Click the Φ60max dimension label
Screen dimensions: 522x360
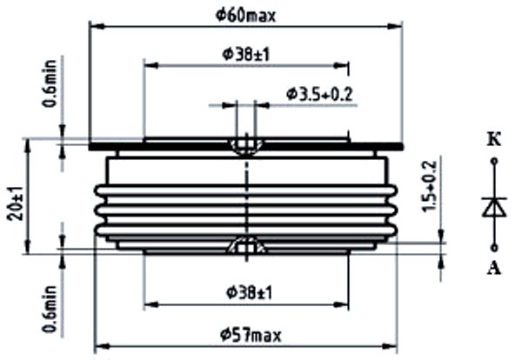(245, 16)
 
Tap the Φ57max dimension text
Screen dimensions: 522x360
(251, 335)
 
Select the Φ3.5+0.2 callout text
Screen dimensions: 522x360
(319, 95)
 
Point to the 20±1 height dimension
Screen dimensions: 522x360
(16, 203)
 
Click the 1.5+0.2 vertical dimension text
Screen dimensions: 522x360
(430, 186)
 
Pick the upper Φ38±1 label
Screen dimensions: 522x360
(245, 54)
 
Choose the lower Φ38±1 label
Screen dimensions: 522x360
(250, 293)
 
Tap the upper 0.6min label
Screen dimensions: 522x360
(50, 83)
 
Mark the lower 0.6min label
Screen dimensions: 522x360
(50, 309)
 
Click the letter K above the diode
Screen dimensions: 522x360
(494, 140)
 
